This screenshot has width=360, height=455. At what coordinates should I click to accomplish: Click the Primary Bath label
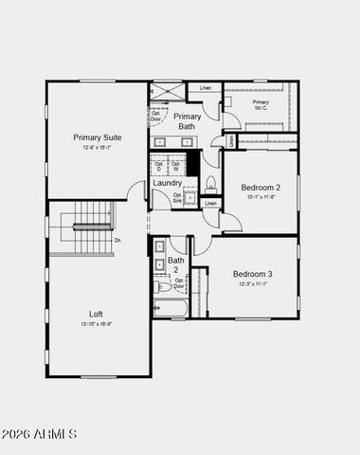coord(187,120)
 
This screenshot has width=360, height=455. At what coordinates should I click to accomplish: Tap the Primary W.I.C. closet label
coord(260,105)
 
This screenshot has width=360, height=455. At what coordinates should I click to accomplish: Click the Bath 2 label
coord(176,264)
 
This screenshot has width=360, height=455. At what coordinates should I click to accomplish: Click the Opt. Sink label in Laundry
coord(177,198)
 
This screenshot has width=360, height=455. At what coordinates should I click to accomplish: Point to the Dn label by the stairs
coord(117,240)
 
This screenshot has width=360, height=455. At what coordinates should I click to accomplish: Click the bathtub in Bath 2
coord(171,308)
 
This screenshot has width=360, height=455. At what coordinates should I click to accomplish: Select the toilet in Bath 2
coord(162,285)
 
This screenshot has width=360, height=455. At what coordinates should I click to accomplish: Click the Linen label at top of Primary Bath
coord(205,88)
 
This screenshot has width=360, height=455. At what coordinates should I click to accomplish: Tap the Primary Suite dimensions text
coord(96,148)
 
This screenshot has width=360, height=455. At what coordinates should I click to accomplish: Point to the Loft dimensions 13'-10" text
coord(96,322)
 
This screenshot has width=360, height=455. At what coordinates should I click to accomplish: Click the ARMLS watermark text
coord(40,434)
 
